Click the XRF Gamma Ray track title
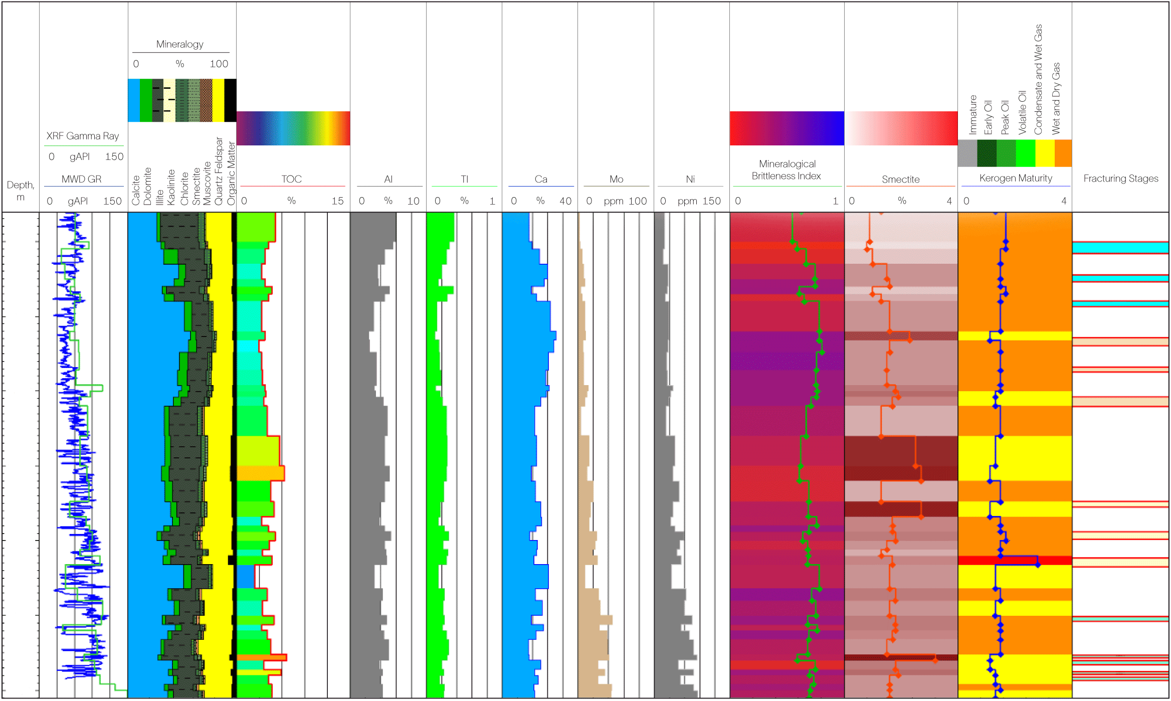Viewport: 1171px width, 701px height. coord(83,136)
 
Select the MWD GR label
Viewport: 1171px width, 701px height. coord(81,179)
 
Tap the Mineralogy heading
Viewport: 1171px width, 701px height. coord(179,44)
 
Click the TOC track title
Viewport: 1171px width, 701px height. coord(291,179)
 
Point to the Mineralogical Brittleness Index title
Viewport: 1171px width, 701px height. coord(787,170)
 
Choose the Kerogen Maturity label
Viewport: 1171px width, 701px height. coord(1016,178)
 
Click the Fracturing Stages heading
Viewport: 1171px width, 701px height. coord(1121,179)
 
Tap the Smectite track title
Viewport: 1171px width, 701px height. coord(901,179)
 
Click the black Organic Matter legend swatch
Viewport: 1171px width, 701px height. coord(230,100)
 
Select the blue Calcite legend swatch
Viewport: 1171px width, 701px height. coord(134,100)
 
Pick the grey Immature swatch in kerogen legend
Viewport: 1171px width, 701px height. coord(967,153)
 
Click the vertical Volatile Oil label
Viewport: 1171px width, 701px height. coord(1023,112)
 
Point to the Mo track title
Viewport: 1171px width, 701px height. coord(616,179)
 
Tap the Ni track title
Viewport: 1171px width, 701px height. coord(690,179)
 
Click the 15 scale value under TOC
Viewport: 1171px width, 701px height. coord(337,201)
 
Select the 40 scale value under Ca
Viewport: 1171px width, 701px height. coord(565,201)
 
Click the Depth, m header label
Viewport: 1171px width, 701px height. coord(21,191)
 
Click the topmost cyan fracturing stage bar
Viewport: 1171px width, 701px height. coord(1120,247)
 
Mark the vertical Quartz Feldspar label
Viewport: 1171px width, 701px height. coord(219,171)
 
